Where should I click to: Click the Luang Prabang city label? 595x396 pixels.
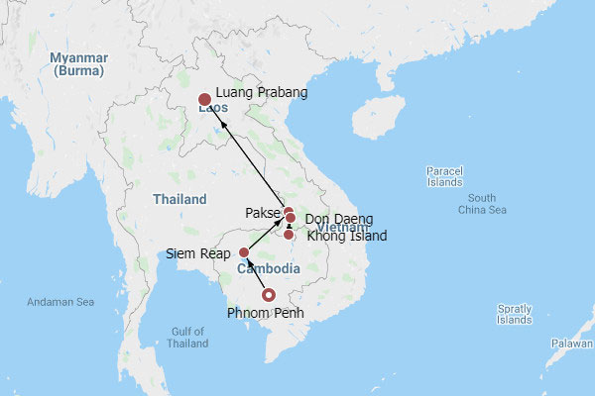(x=261, y=93)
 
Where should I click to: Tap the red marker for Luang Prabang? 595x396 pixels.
(x=204, y=99)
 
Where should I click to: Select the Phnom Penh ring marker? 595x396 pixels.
(x=267, y=294)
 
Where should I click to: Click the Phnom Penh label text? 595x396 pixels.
(x=266, y=314)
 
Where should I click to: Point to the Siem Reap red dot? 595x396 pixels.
(x=244, y=252)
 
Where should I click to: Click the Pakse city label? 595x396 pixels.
(x=263, y=213)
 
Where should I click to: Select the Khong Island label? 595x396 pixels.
(x=347, y=236)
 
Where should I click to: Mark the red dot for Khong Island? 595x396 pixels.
(x=289, y=235)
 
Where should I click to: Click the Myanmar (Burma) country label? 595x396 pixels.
(x=80, y=64)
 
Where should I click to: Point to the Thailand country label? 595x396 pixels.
(x=179, y=199)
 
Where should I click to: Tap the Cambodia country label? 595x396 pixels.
(x=268, y=269)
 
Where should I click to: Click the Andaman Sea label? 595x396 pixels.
(x=61, y=302)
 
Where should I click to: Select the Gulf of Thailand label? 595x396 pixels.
(x=187, y=337)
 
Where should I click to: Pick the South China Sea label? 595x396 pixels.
(x=482, y=204)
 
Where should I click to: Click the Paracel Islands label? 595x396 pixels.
(x=443, y=176)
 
